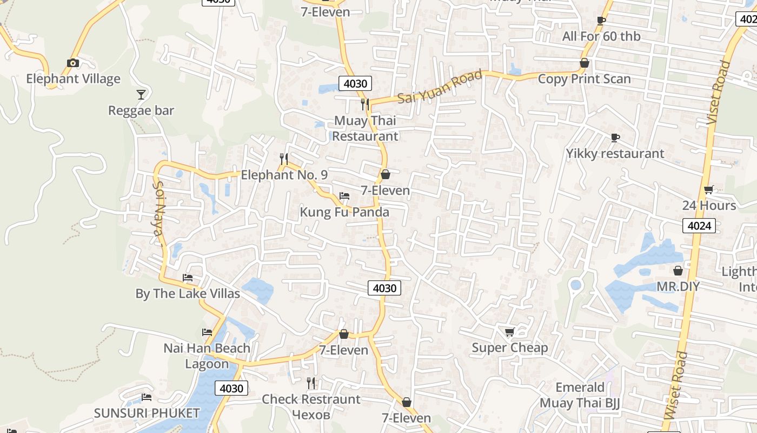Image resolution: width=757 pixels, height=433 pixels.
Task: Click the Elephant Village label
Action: tap(73, 79)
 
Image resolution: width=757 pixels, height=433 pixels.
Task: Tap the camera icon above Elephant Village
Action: tap(73, 63)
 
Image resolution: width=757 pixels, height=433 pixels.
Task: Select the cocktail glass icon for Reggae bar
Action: tap(141, 95)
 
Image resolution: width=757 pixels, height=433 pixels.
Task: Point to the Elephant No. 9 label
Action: tap(284, 175)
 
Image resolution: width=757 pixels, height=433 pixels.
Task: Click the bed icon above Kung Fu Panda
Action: tap(344, 196)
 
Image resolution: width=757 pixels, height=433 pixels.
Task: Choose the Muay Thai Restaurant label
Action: tap(365, 128)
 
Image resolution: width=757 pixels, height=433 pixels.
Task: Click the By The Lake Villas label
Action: tap(188, 293)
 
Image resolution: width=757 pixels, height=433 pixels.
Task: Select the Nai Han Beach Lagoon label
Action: tap(207, 356)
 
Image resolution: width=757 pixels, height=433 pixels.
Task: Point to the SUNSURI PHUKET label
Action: tap(147, 413)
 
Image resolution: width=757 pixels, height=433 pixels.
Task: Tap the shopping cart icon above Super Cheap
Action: tap(509, 332)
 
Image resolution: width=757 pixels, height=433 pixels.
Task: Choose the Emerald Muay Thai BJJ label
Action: tap(580, 395)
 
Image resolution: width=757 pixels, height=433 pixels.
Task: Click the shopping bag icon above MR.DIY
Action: tap(678, 271)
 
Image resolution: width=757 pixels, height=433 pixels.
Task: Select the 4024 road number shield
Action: tap(699, 226)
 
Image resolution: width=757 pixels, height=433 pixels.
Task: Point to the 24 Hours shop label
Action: tap(709, 206)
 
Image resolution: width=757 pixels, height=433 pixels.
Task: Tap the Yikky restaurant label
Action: tap(615, 154)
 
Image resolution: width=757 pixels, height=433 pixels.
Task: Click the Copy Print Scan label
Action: tap(584, 79)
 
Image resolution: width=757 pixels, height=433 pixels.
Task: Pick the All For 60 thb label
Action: tap(601, 36)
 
